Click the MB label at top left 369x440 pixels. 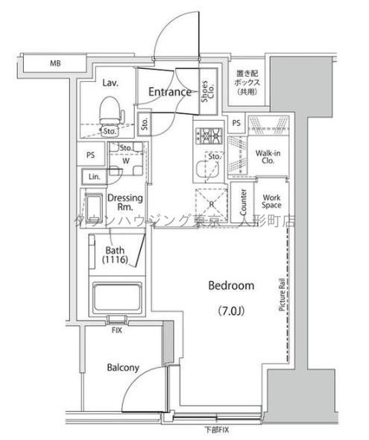coord(54,64)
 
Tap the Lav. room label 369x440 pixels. coord(110,84)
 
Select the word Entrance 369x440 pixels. coord(171,92)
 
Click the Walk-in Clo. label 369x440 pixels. coord(267,157)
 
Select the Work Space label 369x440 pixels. coord(269,202)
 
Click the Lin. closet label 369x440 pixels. coord(94,177)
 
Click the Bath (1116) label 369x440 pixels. coord(116,255)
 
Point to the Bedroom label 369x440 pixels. coord(231,286)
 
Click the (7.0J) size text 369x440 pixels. coord(231,309)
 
